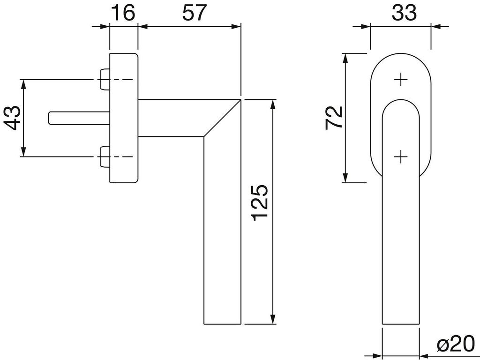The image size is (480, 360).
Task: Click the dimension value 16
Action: (123, 13)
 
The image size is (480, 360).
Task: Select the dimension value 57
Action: (194, 13)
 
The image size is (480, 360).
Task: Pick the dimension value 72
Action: (335, 118)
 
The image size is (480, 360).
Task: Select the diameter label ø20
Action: (455, 346)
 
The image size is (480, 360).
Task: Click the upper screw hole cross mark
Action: (401, 80)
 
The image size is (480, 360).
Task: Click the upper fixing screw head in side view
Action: (105, 80)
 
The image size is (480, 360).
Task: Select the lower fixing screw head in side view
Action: (105, 157)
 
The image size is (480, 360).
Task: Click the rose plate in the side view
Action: (124, 117)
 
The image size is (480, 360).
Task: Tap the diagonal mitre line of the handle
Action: (222, 118)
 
